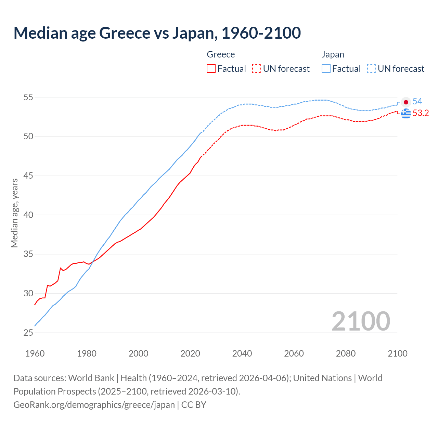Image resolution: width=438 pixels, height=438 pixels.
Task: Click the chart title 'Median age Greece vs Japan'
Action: pos(157,33)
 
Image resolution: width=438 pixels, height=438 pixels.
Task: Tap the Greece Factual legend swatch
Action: pos(211,68)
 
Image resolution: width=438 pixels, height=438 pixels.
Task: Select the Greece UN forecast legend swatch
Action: pos(256,68)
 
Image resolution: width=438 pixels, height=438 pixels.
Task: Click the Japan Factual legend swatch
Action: pos(326,68)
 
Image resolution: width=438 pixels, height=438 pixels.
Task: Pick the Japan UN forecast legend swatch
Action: pos(371,68)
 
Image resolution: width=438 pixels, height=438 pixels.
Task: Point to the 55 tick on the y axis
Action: pos(28,97)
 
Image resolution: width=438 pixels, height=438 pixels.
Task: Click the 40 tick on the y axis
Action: pos(28,215)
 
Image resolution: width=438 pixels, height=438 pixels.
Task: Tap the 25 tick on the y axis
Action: pos(28,333)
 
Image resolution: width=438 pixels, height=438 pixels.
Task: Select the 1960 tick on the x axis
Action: pos(35,353)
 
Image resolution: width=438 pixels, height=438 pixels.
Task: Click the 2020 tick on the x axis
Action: pos(190,353)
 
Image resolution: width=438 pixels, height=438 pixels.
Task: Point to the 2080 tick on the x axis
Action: pos(346,353)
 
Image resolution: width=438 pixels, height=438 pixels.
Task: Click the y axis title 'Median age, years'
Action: pos(14,213)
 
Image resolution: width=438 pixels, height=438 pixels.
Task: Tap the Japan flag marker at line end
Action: pos(406,102)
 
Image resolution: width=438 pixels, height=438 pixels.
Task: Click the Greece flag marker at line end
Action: pos(406,113)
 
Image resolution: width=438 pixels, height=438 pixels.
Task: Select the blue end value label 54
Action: pos(417,101)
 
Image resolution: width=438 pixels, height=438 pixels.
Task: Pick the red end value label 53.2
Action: pos(421,113)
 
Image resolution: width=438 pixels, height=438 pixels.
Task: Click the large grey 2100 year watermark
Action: pos(361,321)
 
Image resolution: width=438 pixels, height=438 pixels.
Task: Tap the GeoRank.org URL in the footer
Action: pos(94,405)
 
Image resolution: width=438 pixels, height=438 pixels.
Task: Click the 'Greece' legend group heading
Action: pos(221,54)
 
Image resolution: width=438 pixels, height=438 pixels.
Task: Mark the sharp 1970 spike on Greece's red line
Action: pos(61,268)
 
